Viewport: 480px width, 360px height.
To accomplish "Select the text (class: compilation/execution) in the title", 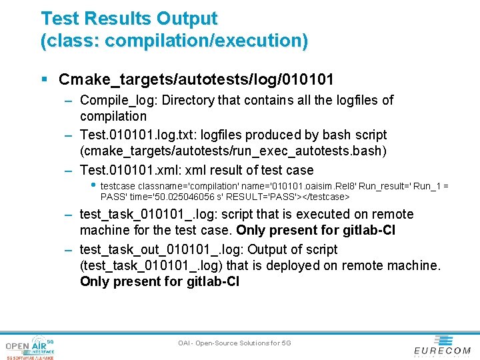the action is pos(175,41).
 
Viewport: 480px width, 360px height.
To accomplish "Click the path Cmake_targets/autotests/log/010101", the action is pos(196,79).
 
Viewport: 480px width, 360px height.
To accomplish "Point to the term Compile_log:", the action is pos(111,100).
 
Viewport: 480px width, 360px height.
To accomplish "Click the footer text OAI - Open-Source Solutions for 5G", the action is pos(235,343).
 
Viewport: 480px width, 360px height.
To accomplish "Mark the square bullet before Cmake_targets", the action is pos(43,80).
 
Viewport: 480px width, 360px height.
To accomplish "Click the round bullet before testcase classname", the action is pos(93,185).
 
